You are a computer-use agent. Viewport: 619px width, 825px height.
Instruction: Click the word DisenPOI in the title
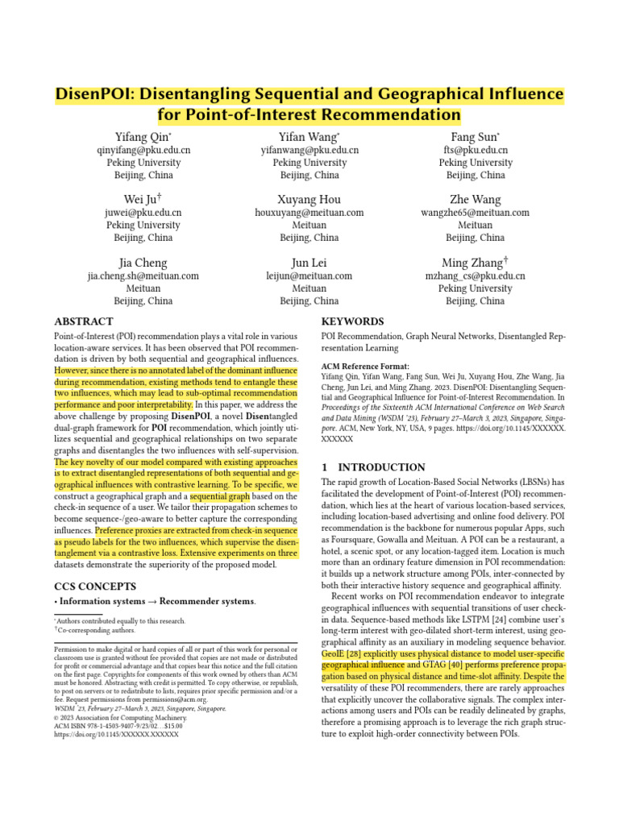93,94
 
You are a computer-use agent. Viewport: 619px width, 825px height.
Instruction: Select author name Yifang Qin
143,136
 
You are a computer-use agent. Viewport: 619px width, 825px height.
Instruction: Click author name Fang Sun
475,136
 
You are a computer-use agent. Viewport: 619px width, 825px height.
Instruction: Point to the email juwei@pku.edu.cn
143,213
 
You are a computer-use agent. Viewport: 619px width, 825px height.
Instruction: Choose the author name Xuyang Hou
309,199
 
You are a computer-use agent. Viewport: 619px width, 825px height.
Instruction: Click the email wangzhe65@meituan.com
475,213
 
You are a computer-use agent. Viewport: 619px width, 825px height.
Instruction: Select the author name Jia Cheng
143,262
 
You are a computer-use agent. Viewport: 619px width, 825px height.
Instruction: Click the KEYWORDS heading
353,321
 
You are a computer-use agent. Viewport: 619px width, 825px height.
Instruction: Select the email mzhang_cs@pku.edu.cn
475,276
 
